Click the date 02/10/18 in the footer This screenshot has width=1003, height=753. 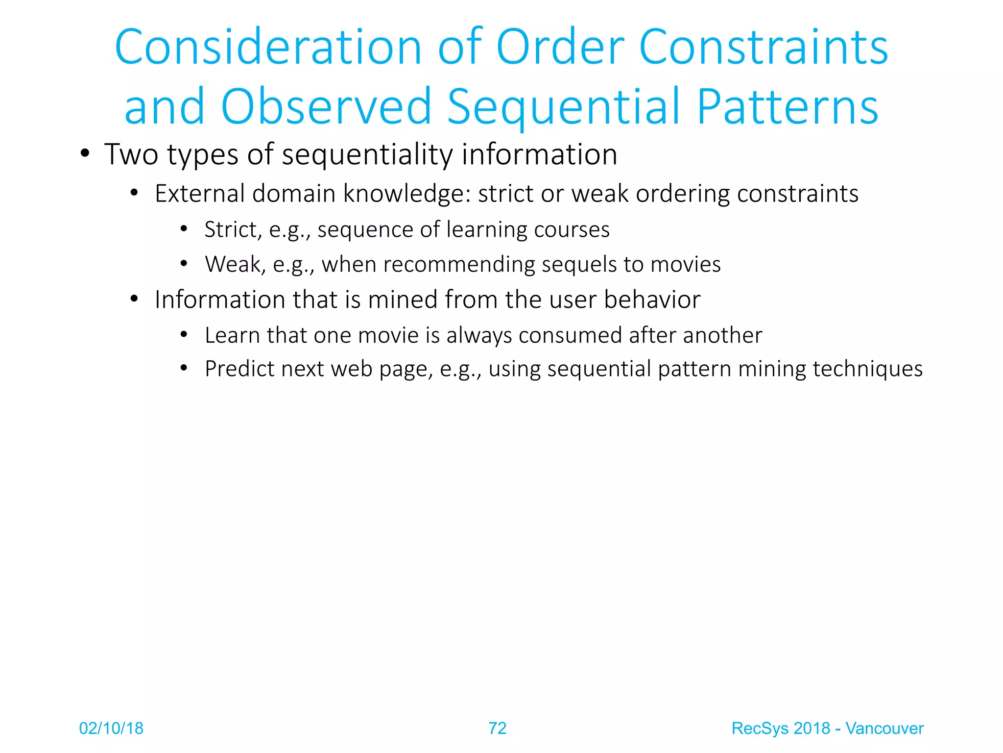click(111, 728)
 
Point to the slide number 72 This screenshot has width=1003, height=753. click(497, 728)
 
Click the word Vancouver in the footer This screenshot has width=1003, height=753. click(884, 728)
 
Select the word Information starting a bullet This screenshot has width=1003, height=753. click(219, 300)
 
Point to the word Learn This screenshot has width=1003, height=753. click(232, 336)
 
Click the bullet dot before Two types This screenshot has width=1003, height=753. click(85, 154)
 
